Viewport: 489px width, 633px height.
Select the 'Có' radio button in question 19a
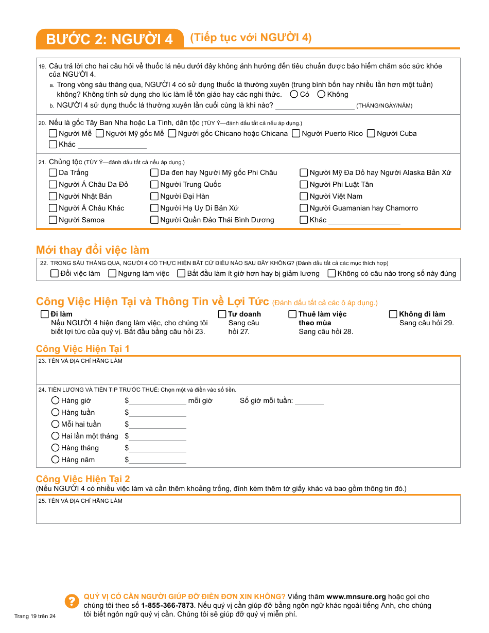point(294,94)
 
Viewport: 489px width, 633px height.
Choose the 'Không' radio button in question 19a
point(321,94)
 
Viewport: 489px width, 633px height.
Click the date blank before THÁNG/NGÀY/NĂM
point(315,105)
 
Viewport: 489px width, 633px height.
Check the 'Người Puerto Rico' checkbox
point(296,133)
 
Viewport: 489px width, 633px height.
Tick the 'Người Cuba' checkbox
point(371,133)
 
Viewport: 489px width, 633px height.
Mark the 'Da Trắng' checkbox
point(53,172)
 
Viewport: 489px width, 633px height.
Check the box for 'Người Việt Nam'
point(304,196)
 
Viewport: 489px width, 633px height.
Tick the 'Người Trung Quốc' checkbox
point(154,184)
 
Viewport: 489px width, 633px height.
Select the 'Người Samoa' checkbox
point(53,220)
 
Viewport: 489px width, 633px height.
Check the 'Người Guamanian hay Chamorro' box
point(304,208)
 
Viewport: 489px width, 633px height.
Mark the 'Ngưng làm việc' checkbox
point(112,273)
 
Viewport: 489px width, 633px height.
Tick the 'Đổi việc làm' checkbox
point(55,273)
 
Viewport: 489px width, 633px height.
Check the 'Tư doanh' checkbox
point(222,314)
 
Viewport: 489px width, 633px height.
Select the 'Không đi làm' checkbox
point(393,314)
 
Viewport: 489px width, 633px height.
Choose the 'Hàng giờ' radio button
point(56,400)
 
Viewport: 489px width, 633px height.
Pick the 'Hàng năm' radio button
point(56,460)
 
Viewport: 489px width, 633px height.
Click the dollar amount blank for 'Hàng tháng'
point(158,448)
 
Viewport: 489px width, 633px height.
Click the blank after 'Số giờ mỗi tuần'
point(309,401)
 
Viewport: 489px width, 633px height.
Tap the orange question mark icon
point(71,601)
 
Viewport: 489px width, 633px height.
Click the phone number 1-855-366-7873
point(167,605)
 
